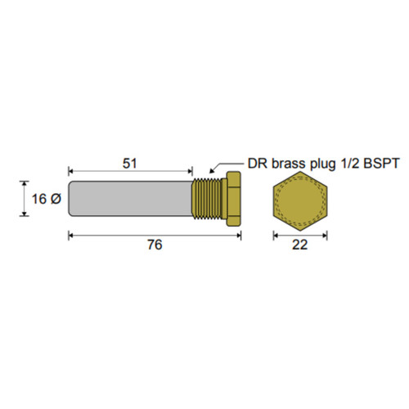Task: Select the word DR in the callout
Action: coord(258,164)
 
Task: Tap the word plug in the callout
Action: coord(325,164)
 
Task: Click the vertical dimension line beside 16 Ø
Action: coord(21,200)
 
